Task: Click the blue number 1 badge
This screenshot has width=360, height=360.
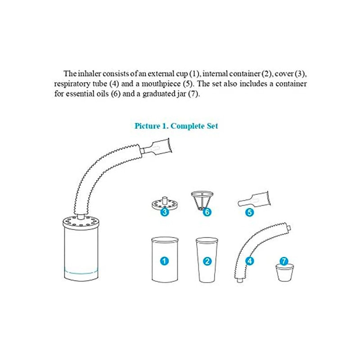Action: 164,261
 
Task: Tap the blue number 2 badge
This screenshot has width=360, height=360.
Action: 207,261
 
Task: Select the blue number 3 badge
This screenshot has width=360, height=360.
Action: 165,211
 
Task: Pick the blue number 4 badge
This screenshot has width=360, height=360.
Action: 250,261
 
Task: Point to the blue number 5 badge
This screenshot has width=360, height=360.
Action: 250,212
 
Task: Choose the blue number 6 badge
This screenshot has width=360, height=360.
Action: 207,211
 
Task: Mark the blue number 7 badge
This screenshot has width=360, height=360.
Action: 284,261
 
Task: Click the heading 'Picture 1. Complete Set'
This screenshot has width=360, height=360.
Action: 176,126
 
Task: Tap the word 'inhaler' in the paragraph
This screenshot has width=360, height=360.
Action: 90,74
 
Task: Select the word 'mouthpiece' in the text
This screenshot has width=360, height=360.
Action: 161,84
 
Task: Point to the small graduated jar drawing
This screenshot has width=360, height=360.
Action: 284,273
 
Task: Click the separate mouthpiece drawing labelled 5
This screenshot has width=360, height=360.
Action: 254,199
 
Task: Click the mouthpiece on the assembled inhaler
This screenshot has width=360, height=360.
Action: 157,148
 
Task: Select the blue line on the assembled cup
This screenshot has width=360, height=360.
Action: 81,272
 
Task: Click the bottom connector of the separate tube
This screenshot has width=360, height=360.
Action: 240,280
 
